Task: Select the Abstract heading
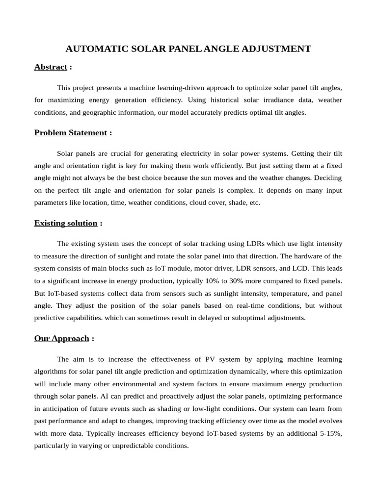point(51,67)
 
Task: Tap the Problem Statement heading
point(70,132)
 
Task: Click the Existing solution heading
point(66,223)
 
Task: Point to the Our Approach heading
point(62,338)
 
